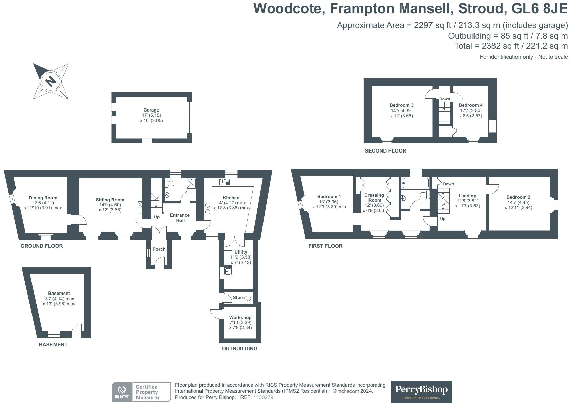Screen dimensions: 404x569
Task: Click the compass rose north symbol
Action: click(51, 81)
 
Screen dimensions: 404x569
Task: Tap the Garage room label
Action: click(151, 110)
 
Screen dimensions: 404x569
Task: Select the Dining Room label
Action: click(43, 198)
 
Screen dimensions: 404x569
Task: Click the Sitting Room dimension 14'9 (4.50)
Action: click(110, 205)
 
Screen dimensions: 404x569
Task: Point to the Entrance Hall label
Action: click(180, 218)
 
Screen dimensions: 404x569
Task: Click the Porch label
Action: click(159, 249)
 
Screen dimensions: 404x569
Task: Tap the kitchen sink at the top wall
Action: click(224, 182)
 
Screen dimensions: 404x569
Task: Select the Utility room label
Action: click(241, 252)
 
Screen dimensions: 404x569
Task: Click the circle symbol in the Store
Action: click(248, 298)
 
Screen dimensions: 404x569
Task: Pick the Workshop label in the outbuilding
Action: click(240, 317)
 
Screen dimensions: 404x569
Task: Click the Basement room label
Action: click(59, 293)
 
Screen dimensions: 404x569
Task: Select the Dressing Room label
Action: click(374, 197)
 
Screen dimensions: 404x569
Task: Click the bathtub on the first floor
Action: click(416, 184)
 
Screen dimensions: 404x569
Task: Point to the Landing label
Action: click(467, 196)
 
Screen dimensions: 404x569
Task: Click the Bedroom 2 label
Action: click(518, 197)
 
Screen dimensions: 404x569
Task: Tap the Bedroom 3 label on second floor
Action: click(401, 105)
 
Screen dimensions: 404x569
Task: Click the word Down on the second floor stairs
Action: click(445, 99)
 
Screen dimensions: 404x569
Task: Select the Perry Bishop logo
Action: click(421, 392)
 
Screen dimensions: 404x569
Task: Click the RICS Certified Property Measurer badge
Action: click(142, 392)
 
